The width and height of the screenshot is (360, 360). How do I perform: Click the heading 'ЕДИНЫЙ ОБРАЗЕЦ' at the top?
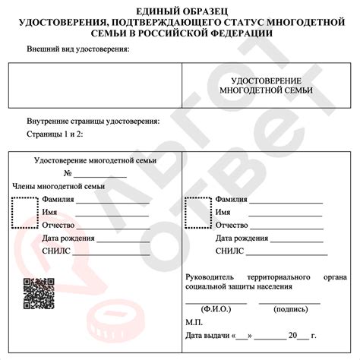point(179,10)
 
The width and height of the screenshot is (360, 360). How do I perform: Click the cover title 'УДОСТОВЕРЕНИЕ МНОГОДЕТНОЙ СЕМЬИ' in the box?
point(265,85)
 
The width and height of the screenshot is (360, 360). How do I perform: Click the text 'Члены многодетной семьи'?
point(58,186)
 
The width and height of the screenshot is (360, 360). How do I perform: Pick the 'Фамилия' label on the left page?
point(58,200)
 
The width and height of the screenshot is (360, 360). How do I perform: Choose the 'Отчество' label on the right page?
point(232,226)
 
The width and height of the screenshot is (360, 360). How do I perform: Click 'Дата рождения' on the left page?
point(68,238)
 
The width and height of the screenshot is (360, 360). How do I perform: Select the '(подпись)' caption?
point(289,310)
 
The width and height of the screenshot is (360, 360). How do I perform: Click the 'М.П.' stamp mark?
point(194,322)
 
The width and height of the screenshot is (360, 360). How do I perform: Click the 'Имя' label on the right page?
point(223,213)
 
